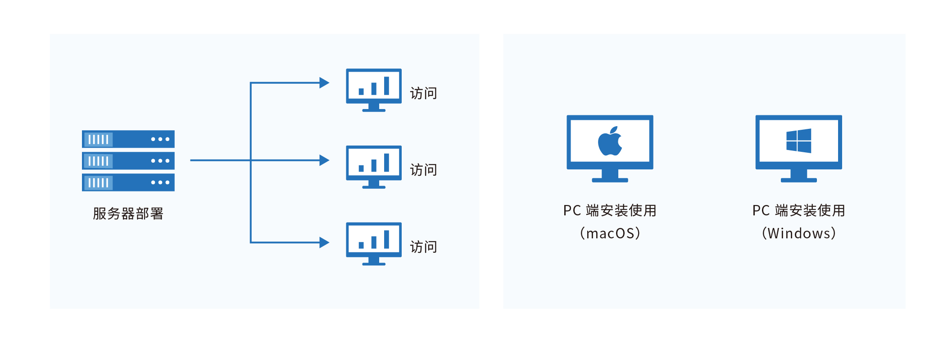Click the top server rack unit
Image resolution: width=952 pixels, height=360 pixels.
(x=128, y=139)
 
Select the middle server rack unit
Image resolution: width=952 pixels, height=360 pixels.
(x=128, y=161)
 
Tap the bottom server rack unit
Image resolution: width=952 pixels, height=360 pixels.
(x=128, y=182)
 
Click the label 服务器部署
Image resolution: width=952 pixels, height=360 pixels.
(x=128, y=214)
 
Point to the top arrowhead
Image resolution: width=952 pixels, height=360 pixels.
(x=324, y=83)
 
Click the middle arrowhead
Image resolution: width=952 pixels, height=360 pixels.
(x=324, y=160)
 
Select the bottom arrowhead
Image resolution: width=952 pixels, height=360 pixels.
(x=324, y=242)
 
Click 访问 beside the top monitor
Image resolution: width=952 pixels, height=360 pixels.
(x=423, y=93)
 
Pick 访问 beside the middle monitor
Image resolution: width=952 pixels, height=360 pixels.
(x=423, y=170)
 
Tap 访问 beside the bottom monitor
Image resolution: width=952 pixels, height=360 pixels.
(x=423, y=247)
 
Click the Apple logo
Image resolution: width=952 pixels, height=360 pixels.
(x=610, y=141)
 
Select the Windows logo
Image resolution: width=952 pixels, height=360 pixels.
(x=798, y=141)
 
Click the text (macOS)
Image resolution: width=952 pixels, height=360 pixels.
(x=610, y=233)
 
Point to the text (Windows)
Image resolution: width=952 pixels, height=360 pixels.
(x=798, y=233)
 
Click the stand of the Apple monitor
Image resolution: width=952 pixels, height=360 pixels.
(x=610, y=176)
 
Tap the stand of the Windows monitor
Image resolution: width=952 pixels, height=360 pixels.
(x=798, y=176)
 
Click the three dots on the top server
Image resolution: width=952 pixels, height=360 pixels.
(x=160, y=139)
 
